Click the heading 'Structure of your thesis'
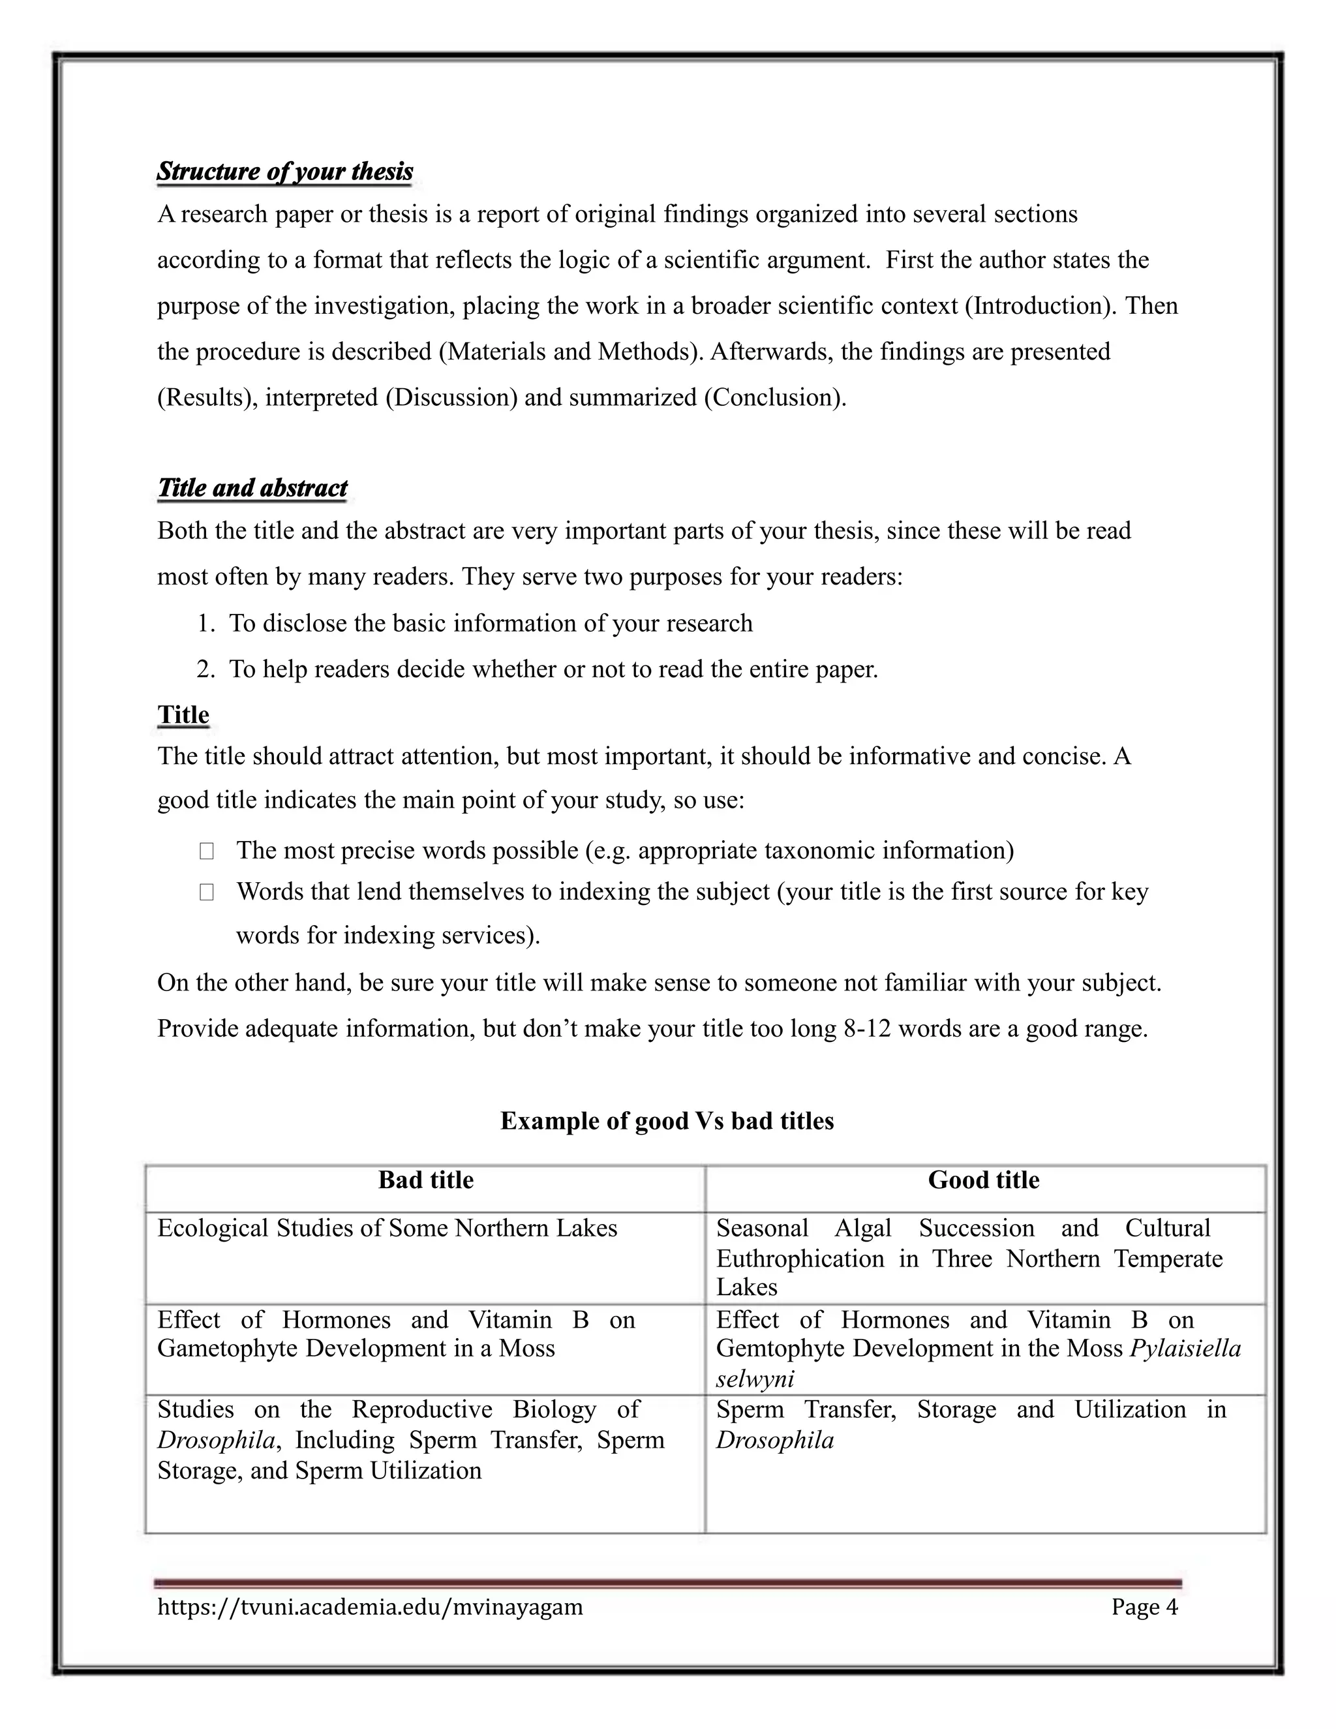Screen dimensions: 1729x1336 (285, 171)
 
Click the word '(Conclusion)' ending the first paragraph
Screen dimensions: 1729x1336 (773, 397)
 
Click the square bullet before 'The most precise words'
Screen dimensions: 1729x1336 (207, 851)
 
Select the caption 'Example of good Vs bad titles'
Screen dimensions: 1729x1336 (667, 1121)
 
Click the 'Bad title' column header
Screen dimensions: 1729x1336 (426, 1180)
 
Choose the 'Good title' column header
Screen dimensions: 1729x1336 (983, 1180)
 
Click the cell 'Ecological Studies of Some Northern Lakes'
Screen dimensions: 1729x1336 (387, 1229)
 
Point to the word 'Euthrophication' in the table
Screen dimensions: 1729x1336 (800, 1259)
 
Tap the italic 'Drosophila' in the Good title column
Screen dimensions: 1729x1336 (775, 1440)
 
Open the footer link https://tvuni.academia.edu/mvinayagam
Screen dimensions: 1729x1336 (370, 1606)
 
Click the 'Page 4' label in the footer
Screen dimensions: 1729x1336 (1144, 1606)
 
